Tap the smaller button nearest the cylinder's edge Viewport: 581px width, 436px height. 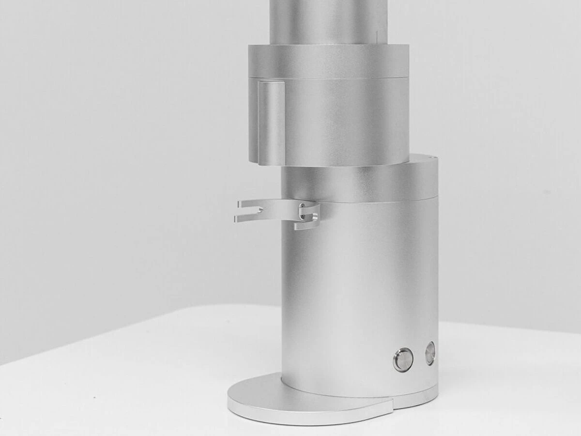[430, 353]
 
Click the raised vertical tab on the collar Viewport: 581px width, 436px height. [271, 122]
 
